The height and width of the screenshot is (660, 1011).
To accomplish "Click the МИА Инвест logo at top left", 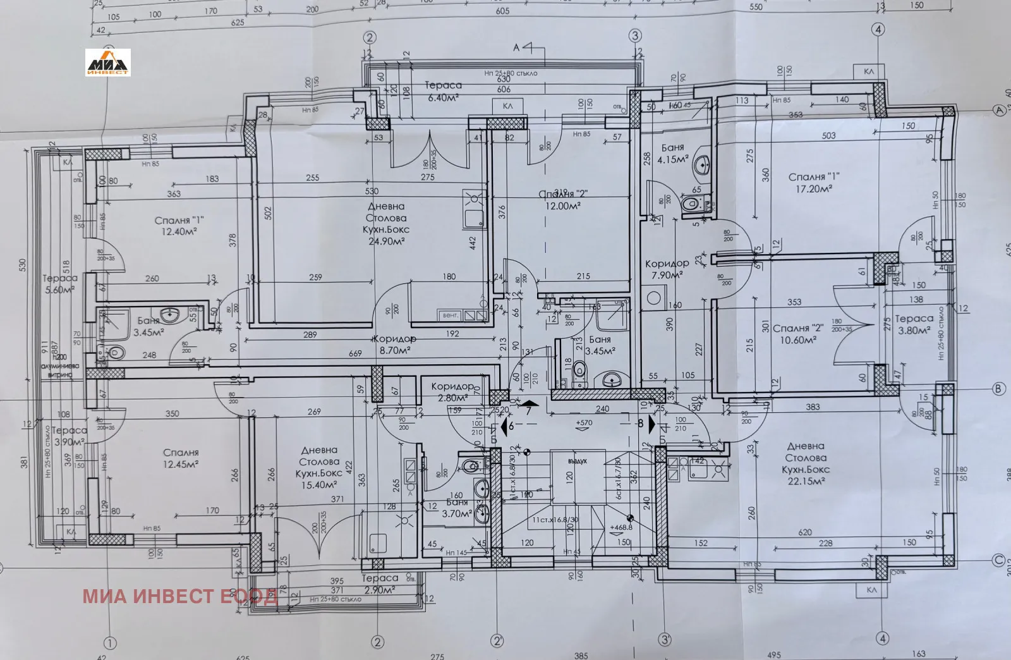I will tap(108, 63).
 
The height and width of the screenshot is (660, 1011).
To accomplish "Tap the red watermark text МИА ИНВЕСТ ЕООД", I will tap(179, 596).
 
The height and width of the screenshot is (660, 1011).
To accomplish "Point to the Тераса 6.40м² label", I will tap(442, 91).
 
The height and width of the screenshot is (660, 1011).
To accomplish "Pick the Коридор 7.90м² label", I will tap(667, 269).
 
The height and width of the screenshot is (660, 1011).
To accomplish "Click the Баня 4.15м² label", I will tap(671, 154).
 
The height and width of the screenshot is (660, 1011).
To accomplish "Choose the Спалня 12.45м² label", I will tap(181, 458).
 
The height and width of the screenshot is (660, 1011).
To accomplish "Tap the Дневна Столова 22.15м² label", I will tap(805, 464).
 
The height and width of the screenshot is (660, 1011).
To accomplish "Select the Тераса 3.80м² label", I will tap(914, 324).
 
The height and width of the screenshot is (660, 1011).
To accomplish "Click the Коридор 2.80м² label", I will tap(452, 391).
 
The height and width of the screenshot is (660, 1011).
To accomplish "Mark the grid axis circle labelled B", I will tap(998, 389).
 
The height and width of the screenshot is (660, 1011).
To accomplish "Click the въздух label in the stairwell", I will tap(577, 461).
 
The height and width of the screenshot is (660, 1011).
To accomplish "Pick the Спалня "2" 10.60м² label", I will tap(795, 334).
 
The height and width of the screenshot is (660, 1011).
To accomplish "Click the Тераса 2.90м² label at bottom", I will tap(380, 584).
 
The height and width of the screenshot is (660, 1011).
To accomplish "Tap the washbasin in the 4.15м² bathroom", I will tap(702, 166).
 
